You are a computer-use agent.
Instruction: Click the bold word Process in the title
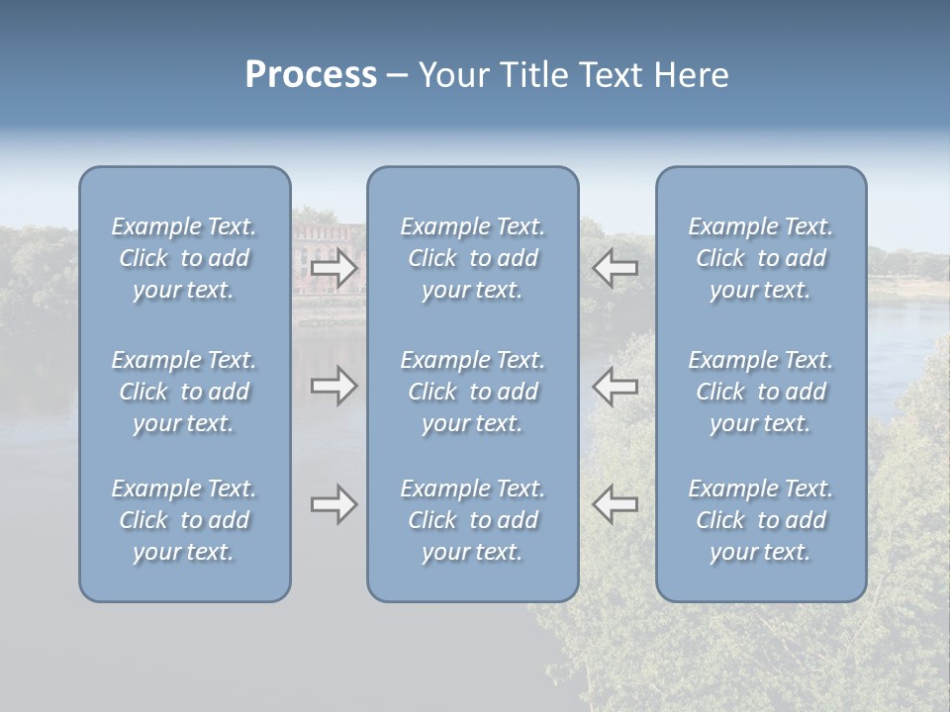point(311,75)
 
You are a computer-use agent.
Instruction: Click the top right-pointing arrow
point(334,268)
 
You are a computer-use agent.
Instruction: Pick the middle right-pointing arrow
point(334,386)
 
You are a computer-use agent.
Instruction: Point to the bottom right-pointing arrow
point(334,504)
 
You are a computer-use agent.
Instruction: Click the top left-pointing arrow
point(615,268)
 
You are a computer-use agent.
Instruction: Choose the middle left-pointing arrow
point(615,386)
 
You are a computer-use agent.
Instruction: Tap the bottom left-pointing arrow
point(615,504)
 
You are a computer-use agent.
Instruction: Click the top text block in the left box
point(184,258)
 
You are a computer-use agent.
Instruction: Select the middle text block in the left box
point(184,392)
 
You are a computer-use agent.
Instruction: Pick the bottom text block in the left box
point(184,520)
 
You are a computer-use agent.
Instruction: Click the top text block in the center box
point(472,258)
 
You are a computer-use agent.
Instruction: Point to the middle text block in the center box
point(472,392)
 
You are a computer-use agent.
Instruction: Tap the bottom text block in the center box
point(472,520)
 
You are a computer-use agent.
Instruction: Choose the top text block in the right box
point(760,258)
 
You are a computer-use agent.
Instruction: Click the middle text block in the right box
point(760,392)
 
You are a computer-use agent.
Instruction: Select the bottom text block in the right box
point(760,520)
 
